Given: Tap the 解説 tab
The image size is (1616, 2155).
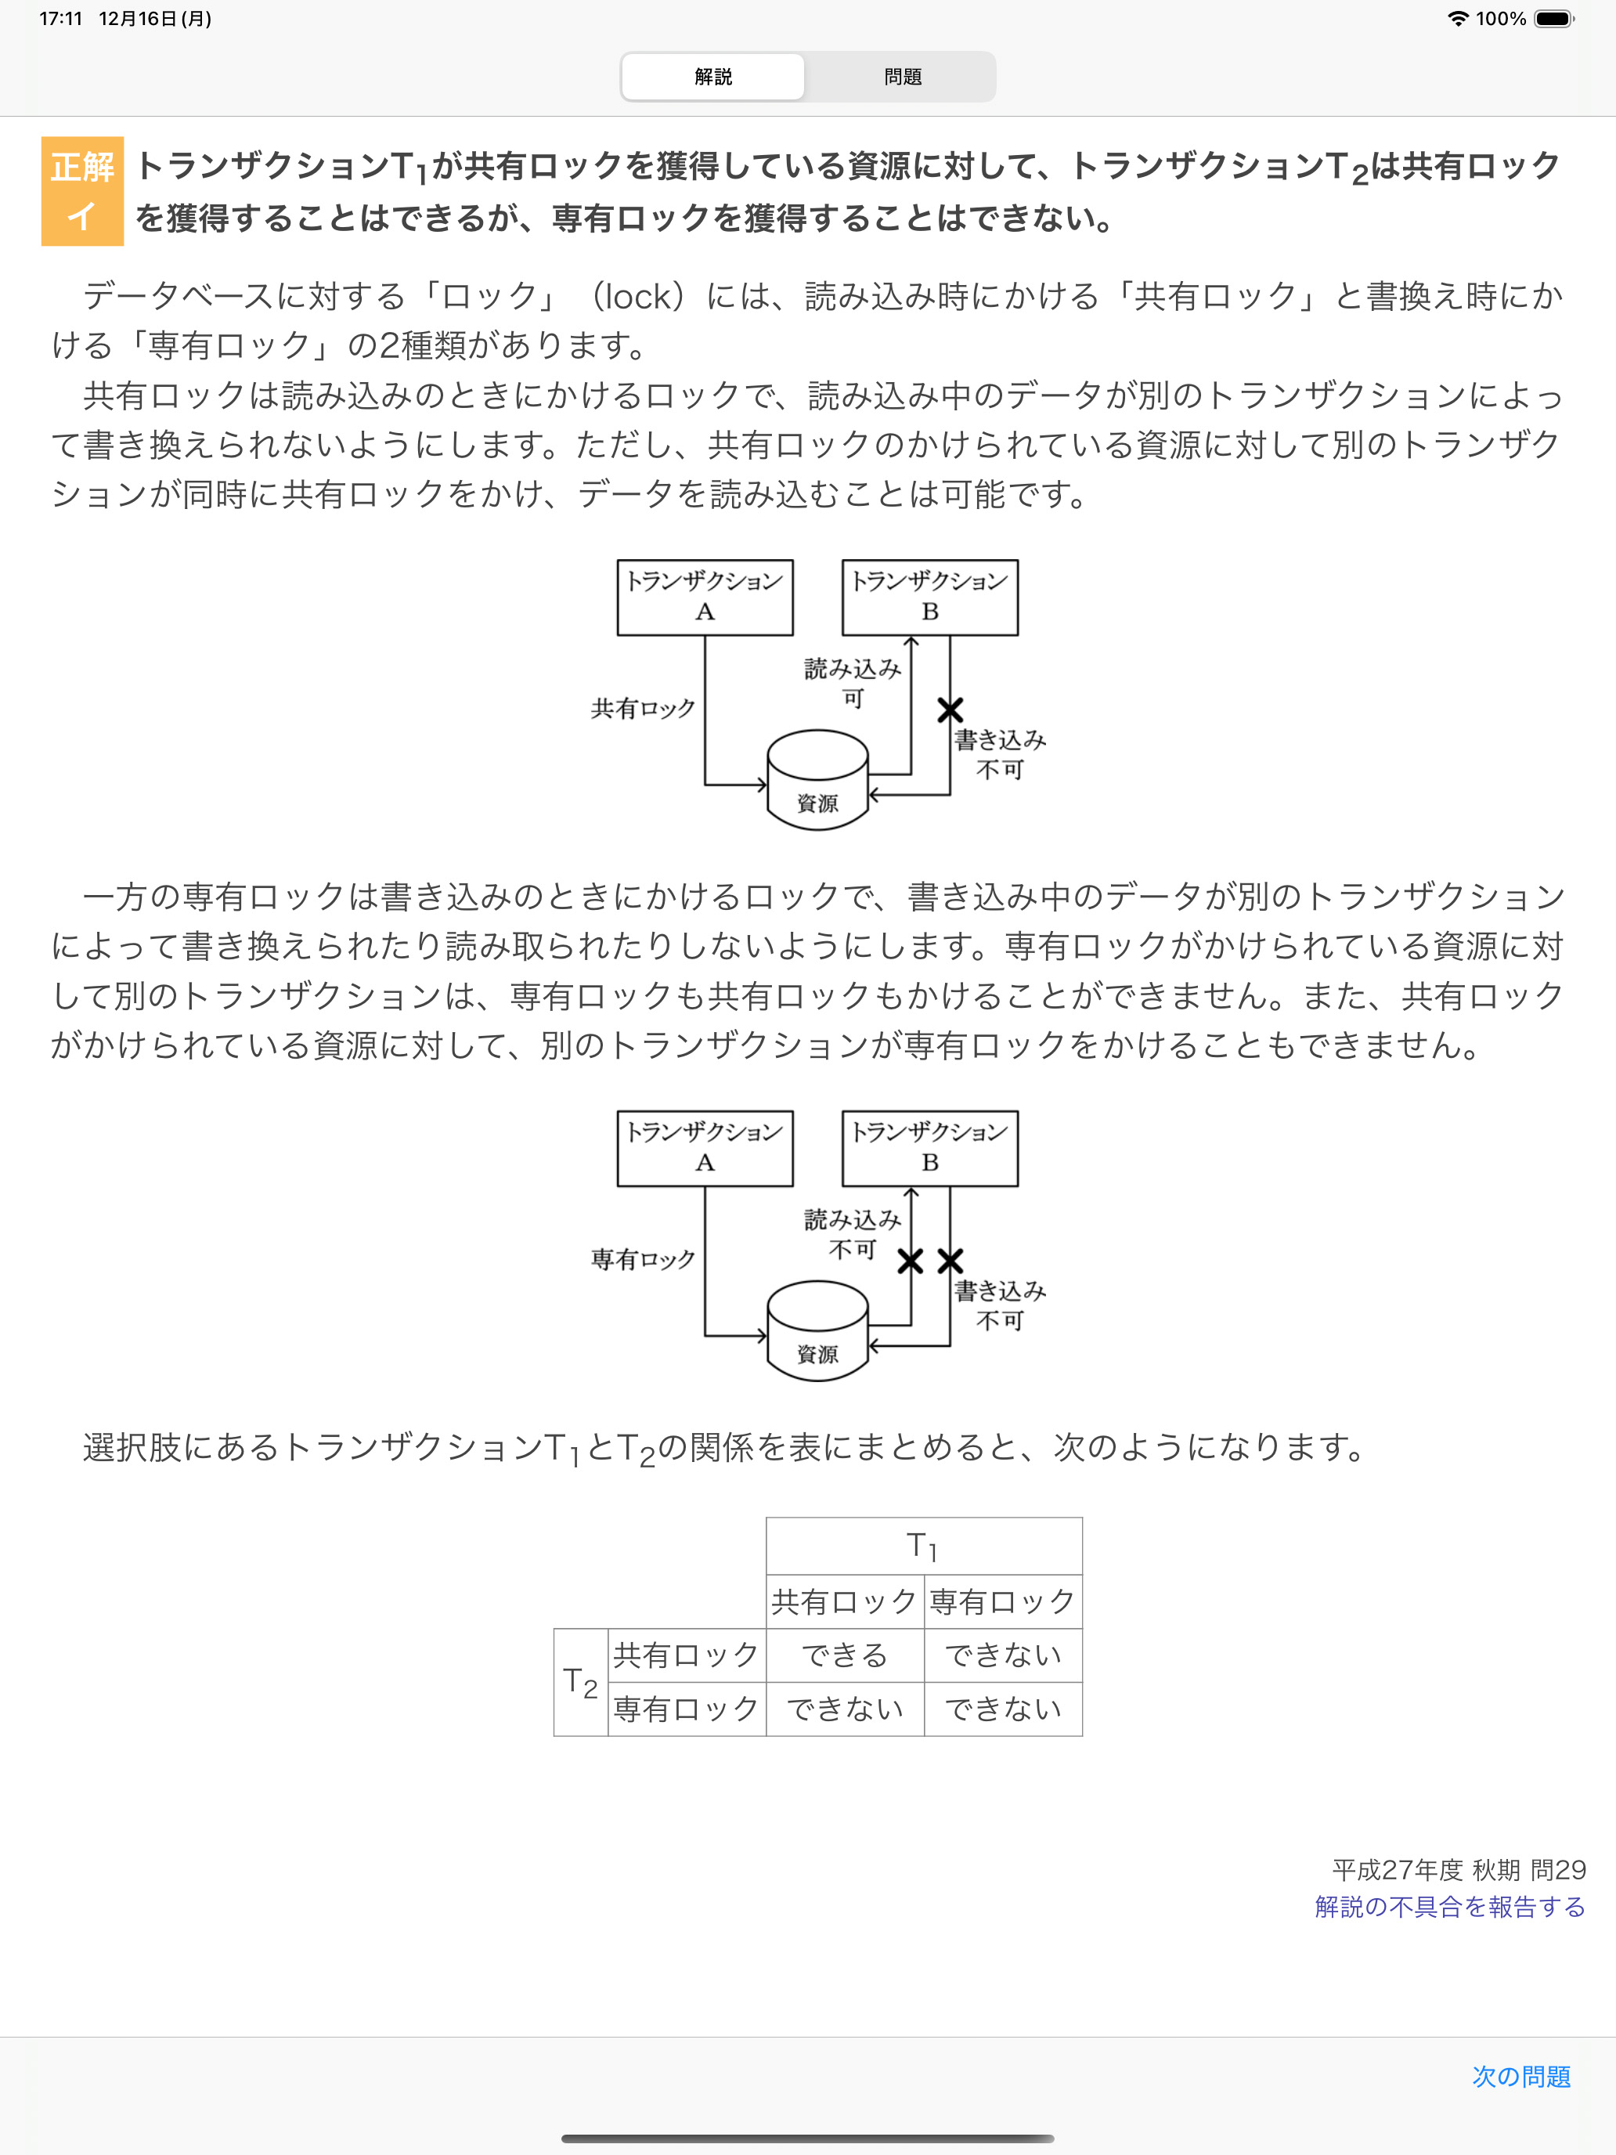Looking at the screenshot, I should [713, 77].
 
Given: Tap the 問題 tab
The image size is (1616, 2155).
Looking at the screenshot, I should [902, 77].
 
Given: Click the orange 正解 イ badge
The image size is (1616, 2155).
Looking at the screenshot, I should [82, 191].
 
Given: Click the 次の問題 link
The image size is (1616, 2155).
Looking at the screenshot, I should [1520, 2076].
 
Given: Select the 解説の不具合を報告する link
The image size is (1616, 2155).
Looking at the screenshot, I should [1449, 1907].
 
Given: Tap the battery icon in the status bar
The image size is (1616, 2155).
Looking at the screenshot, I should [1553, 19].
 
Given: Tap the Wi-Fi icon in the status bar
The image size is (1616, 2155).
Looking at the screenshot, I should [1457, 19].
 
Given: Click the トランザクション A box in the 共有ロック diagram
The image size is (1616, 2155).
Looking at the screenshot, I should [705, 596].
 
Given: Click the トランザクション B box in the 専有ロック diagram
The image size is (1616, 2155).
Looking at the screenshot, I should [929, 1148].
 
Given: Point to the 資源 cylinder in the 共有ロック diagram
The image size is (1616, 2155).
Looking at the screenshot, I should [817, 782].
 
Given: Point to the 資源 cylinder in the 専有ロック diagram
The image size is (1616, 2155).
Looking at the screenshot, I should [817, 1332].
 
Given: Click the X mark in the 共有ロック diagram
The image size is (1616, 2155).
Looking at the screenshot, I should [950, 709].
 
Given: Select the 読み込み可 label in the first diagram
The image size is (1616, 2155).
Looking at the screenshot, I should [853, 682].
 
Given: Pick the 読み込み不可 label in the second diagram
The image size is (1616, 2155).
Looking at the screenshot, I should [853, 1233].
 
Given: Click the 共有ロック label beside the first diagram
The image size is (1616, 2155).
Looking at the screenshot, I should [643, 708].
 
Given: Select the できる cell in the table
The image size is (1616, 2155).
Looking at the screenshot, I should [845, 1655].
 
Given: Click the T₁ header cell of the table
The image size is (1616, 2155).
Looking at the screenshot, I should [923, 1545].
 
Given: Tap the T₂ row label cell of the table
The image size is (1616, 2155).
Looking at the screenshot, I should [580, 1681].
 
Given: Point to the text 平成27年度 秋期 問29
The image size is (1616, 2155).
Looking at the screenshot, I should [1458, 1869].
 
